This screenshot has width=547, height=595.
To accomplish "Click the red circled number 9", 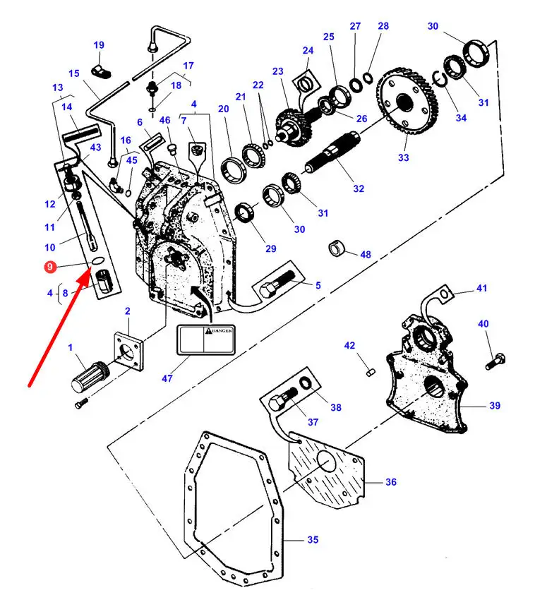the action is [x=49, y=267].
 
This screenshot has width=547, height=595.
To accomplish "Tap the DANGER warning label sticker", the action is [x=206, y=339].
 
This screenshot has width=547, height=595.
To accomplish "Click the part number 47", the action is [x=167, y=378].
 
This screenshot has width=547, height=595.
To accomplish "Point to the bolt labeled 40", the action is [x=495, y=361].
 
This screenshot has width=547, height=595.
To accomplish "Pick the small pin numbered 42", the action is [x=371, y=372].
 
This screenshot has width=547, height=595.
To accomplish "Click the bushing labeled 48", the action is [x=337, y=248].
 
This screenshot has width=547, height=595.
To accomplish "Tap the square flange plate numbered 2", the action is [x=128, y=351].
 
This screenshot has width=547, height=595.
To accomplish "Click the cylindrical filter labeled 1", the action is [x=90, y=376].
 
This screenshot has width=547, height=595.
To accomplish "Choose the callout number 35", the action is [x=313, y=540].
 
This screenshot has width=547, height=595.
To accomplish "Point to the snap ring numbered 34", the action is [x=439, y=78].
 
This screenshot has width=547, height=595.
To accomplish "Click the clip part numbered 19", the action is [x=101, y=71].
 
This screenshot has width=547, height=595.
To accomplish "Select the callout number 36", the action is [x=391, y=482].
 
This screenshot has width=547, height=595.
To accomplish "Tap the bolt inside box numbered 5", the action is [x=277, y=284].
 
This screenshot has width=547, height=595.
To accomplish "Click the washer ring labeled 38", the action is [x=306, y=383].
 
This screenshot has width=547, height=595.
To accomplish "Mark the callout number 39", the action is [x=495, y=405].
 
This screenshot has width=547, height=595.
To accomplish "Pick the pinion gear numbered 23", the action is [x=294, y=127].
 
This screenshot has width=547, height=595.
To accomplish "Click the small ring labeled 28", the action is [x=367, y=78].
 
